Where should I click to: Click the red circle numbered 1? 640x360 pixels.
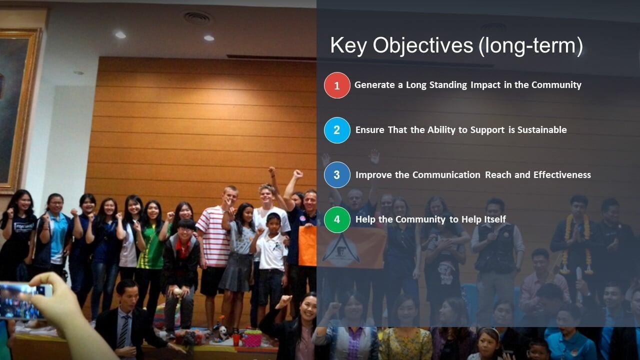(337, 85)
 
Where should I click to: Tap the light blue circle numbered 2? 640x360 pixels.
(337, 130)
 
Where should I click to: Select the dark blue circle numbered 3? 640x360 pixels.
(337, 174)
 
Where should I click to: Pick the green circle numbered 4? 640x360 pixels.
(337, 219)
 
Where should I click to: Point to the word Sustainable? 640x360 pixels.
(542, 130)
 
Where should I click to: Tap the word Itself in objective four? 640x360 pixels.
(495, 219)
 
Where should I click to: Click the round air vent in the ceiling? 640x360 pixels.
(197, 17)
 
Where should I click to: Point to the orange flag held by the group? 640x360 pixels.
(342, 246)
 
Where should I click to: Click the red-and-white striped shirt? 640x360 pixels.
(214, 236)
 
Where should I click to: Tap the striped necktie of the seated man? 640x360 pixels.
(124, 331)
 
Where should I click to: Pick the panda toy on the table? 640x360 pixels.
(222, 333)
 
